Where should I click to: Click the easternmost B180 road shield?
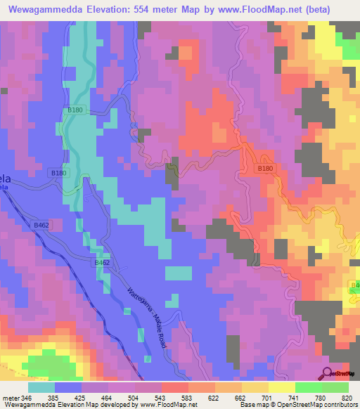click(x=264, y=169)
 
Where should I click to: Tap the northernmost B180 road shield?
click(x=75, y=110)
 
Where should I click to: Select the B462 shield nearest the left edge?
click(x=41, y=226)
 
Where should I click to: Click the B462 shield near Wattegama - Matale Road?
click(x=102, y=262)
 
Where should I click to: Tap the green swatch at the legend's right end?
click(x=335, y=387)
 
